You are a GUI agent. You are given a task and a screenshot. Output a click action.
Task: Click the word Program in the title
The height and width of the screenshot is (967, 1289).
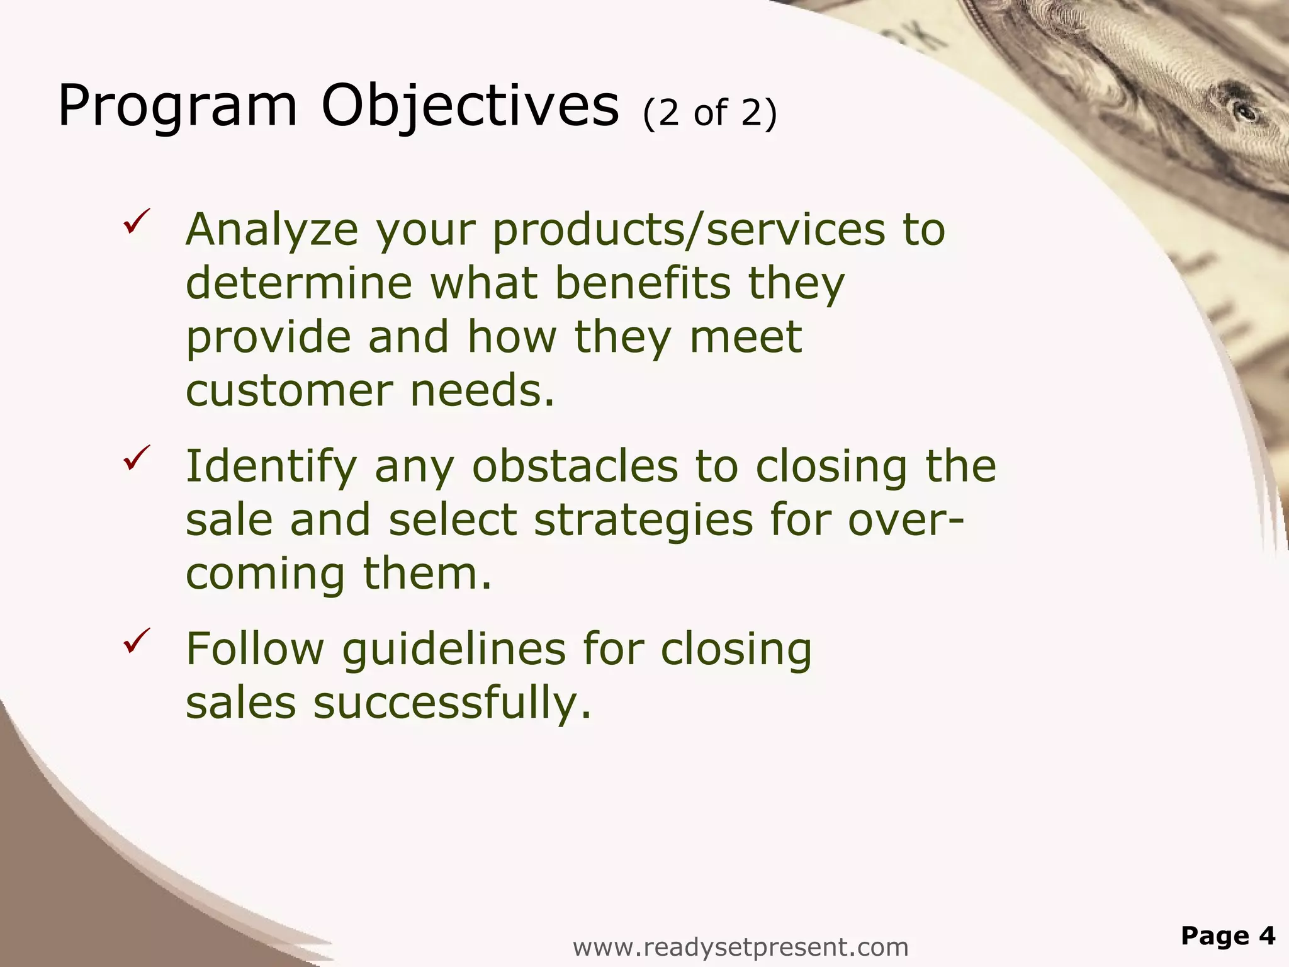click(x=177, y=107)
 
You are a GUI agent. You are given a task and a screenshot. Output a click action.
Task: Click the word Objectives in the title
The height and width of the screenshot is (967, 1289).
click(x=470, y=107)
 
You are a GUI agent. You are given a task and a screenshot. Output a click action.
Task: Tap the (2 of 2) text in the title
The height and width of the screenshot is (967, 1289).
click(x=710, y=113)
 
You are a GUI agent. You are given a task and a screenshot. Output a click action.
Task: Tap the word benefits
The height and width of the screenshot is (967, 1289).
click(x=643, y=283)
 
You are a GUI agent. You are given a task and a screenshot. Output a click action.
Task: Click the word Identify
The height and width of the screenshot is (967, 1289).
click(x=271, y=467)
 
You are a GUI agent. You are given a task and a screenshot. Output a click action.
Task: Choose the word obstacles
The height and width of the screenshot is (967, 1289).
click(x=575, y=467)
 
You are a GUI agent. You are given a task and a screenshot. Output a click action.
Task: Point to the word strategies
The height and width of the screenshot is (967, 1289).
click(x=643, y=521)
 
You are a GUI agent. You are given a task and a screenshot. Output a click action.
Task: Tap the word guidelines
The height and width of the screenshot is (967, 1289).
click(x=454, y=650)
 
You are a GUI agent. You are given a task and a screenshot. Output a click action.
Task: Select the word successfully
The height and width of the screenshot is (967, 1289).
click(x=452, y=704)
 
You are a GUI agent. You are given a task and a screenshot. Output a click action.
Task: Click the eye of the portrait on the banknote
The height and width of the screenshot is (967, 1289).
click(x=1245, y=113)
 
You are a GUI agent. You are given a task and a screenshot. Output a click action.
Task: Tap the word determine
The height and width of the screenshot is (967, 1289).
click(x=298, y=283)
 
